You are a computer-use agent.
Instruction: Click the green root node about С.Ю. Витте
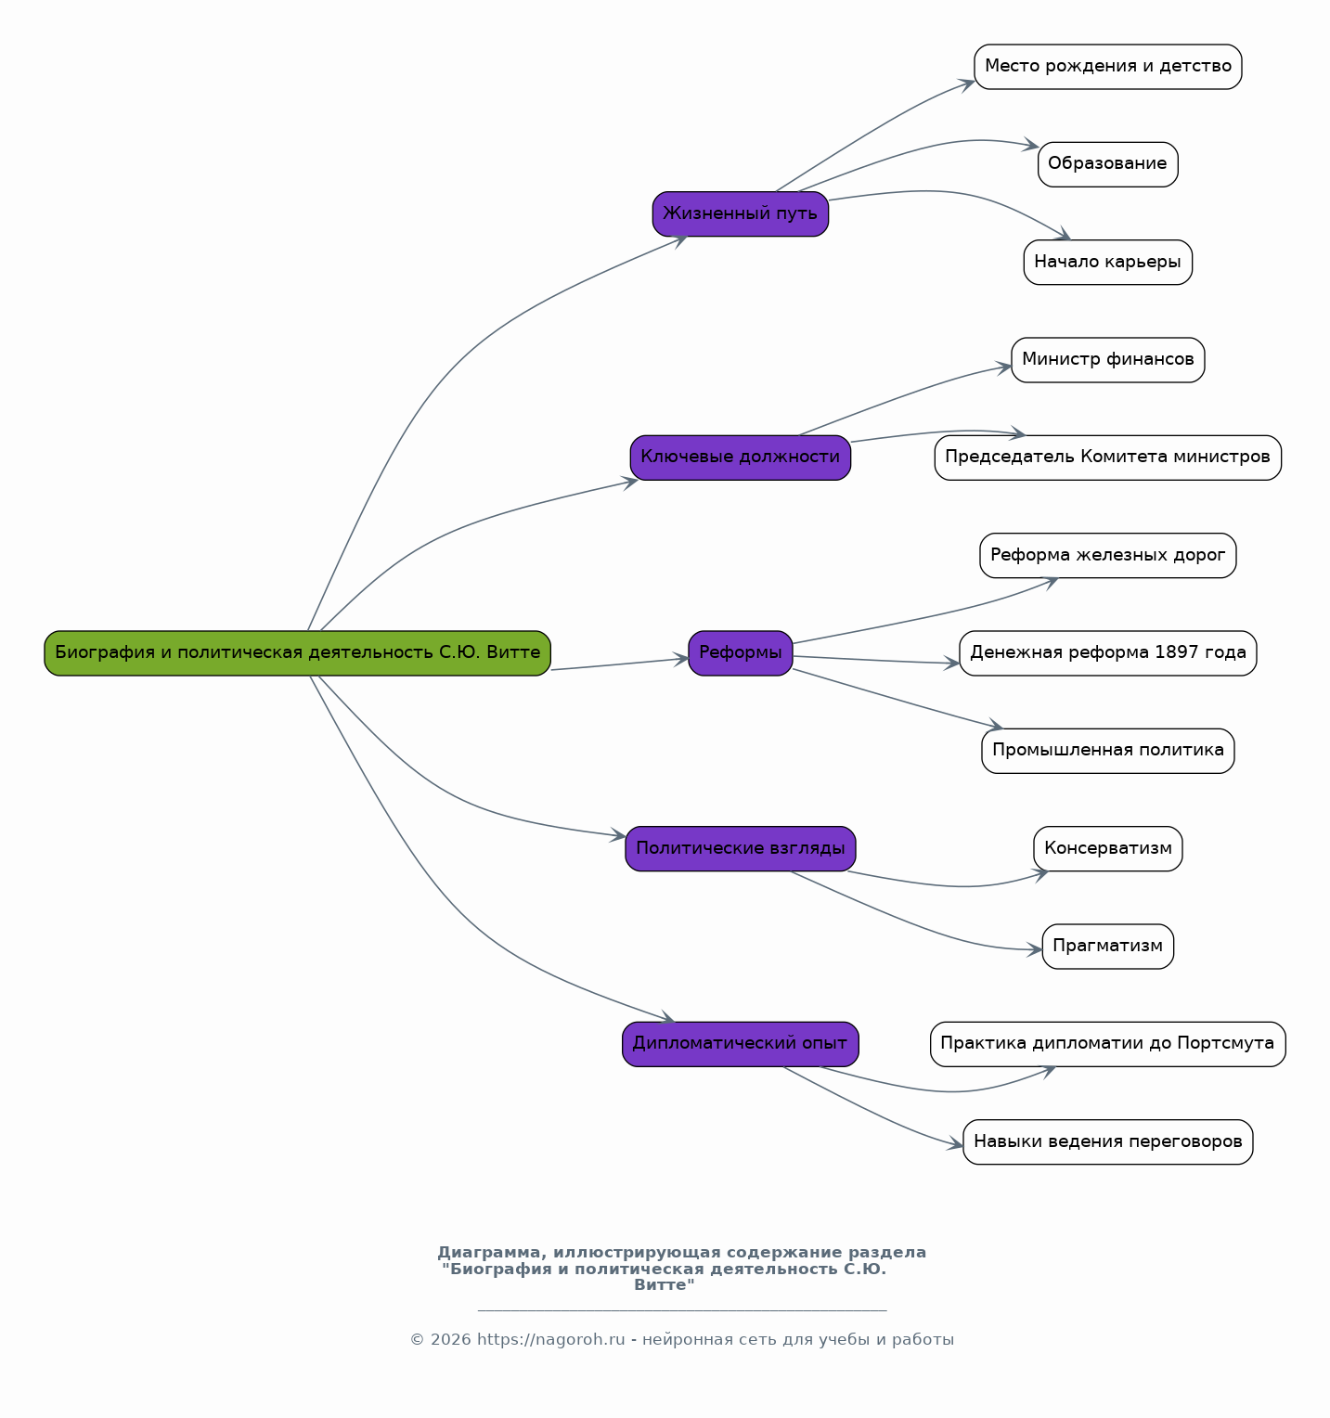click(x=297, y=653)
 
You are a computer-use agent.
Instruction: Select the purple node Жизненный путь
click(x=740, y=214)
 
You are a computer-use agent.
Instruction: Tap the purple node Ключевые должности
click(x=740, y=458)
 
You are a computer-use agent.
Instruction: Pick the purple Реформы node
click(x=740, y=653)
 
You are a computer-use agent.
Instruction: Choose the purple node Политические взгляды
click(x=740, y=849)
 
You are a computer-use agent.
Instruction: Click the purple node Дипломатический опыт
click(x=740, y=1044)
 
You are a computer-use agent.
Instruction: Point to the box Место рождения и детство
click(x=1107, y=67)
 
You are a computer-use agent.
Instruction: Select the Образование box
click(x=1107, y=164)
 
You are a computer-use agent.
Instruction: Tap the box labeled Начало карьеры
click(x=1107, y=263)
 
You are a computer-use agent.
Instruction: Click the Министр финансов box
click(x=1107, y=360)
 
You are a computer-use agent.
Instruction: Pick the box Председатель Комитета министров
click(x=1107, y=458)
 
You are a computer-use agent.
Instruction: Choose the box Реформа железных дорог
click(x=1107, y=556)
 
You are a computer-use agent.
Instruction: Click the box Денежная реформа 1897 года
click(x=1107, y=653)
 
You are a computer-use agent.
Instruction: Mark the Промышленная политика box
click(x=1107, y=751)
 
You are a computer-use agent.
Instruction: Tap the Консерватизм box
click(x=1107, y=849)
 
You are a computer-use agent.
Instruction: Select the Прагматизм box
click(x=1107, y=947)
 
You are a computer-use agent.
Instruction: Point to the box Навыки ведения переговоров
click(x=1107, y=1142)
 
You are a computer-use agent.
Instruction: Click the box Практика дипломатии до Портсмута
click(x=1107, y=1044)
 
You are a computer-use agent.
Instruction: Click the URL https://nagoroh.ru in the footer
click(x=551, y=1340)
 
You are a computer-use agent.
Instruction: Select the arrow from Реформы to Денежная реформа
click(x=876, y=660)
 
